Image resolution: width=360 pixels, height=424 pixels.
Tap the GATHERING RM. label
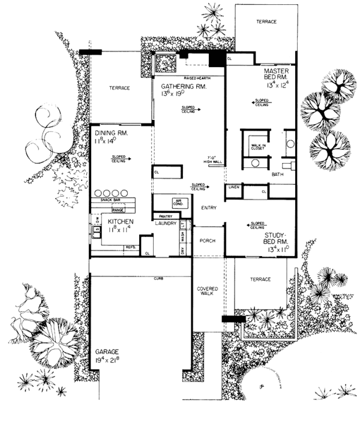[x=184, y=87]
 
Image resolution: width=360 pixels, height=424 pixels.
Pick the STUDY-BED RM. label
[x=277, y=236]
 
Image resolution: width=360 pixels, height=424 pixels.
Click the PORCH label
[x=207, y=240]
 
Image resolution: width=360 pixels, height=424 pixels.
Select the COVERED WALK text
[x=207, y=291]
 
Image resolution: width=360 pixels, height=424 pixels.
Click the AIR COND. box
[x=178, y=203]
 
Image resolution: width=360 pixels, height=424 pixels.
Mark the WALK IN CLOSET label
[x=257, y=147]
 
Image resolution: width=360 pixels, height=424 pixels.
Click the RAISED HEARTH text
[x=188, y=79]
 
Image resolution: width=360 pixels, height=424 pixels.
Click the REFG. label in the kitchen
[x=130, y=246]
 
